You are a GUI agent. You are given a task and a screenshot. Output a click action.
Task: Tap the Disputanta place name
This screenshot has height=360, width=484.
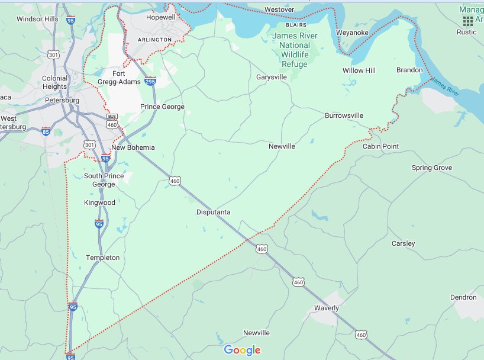(x=214, y=212)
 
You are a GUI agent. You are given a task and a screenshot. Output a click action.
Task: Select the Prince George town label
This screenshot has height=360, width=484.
(x=162, y=107)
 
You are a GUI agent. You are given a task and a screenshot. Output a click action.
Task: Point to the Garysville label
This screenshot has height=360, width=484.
(x=272, y=78)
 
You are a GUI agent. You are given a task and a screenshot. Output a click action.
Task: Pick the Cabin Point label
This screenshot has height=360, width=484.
(x=380, y=146)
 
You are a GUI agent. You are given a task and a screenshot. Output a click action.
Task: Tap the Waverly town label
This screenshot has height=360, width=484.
(x=327, y=308)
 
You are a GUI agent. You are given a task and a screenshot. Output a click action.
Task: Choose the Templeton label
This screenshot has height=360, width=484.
(x=102, y=258)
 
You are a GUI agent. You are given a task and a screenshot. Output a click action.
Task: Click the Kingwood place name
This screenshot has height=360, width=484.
(x=99, y=202)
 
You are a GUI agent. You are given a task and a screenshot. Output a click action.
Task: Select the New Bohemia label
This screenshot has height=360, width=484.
(x=133, y=147)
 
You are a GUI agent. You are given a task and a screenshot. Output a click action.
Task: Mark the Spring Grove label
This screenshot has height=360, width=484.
(x=431, y=168)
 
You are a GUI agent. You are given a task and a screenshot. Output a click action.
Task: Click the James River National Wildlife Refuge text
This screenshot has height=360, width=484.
(x=295, y=50)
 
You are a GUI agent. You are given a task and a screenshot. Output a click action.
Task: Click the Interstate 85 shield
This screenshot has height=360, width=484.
(x=46, y=131)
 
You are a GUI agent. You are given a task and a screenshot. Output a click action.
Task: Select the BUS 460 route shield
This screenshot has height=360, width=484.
(x=112, y=121)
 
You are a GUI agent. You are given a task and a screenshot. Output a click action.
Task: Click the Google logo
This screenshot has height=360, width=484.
(x=242, y=351)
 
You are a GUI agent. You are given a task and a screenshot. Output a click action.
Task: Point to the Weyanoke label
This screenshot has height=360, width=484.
(x=352, y=33)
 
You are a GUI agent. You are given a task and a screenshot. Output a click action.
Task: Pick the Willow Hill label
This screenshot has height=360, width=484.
(x=359, y=70)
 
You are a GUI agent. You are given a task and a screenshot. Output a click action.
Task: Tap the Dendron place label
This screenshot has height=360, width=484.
(x=463, y=297)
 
